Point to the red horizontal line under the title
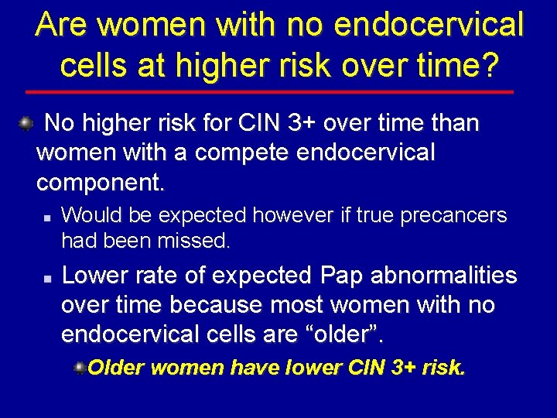click(x=278, y=92)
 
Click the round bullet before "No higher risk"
click(x=26, y=122)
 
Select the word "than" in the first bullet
click(x=453, y=123)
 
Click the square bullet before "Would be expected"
click(x=47, y=217)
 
